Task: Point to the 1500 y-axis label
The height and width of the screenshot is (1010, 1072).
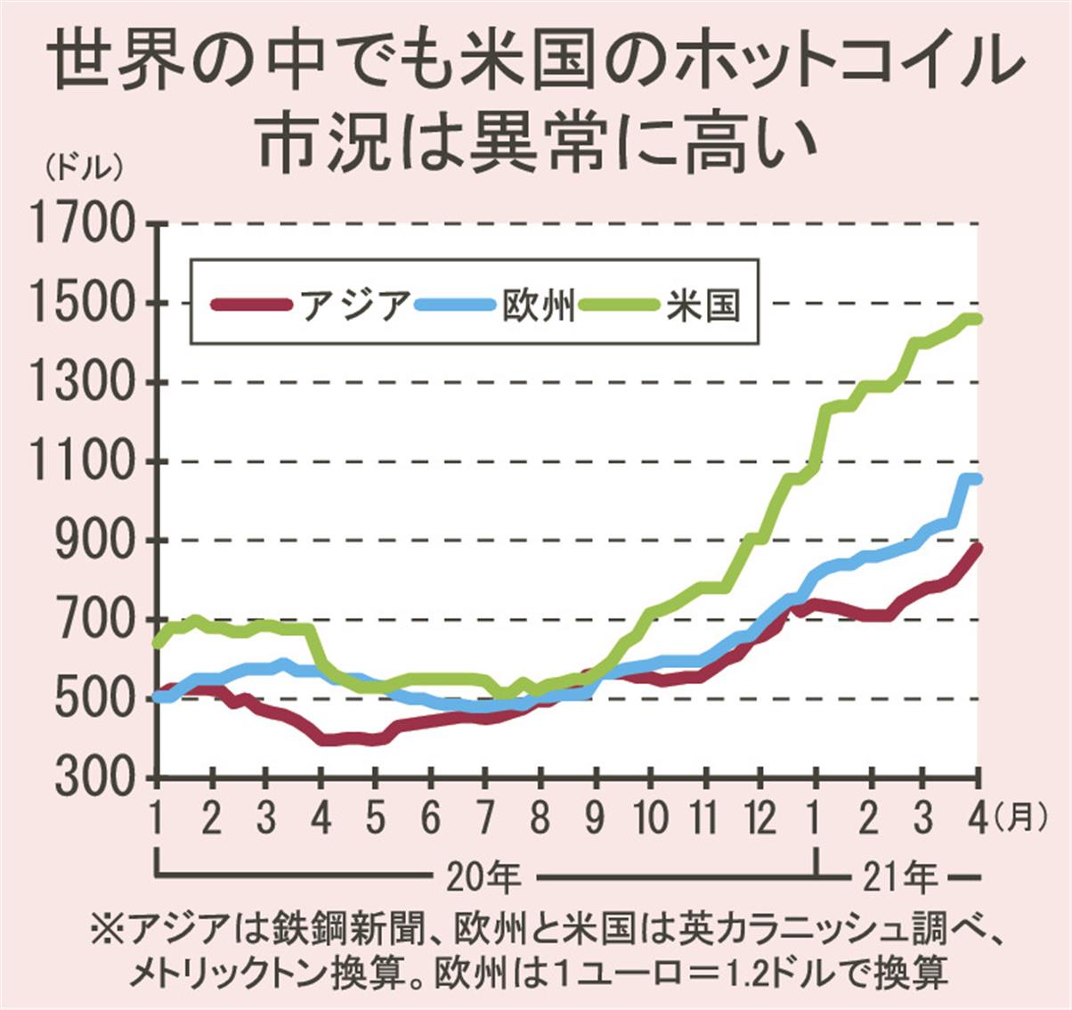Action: (x=81, y=304)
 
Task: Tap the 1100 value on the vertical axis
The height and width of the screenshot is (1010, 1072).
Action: (x=81, y=462)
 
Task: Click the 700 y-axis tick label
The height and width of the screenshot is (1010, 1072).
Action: (x=93, y=621)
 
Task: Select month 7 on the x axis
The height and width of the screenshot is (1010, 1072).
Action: (x=484, y=817)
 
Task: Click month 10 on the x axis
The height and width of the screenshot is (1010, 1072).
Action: (x=652, y=817)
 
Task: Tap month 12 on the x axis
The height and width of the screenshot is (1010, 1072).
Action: (x=761, y=817)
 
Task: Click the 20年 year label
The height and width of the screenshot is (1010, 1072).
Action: (x=482, y=878)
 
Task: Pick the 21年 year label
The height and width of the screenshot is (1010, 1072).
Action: (x=899, y=878)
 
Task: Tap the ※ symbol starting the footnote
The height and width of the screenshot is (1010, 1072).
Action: (x=106, y=933)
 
